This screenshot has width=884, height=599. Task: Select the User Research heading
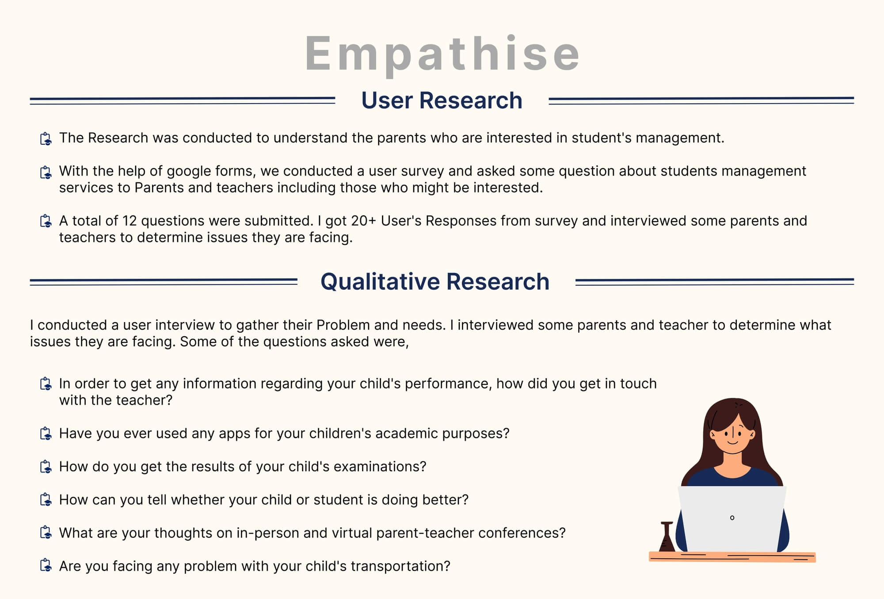pyautogui.click(x=442, y=100)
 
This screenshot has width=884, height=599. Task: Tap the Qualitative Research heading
pyautogui.click(x=435, y=281)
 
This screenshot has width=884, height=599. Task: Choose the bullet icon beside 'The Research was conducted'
pyautogui.click(x=46, y=138)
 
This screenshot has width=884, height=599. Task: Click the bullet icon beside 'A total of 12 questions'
pyautogui.click(x=46, y=221)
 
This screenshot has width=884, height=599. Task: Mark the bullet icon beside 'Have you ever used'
pyautogui.click(x=46, y=434)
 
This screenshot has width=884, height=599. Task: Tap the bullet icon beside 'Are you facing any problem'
pyautogui.click(x=46, y=566)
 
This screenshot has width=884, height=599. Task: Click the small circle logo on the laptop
pyautogui.click(x=732, y=518)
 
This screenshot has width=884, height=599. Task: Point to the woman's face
pyautogui.click(x=732, y=434)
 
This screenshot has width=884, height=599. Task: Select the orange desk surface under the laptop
pyautogui.click(x=732, y=557)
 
